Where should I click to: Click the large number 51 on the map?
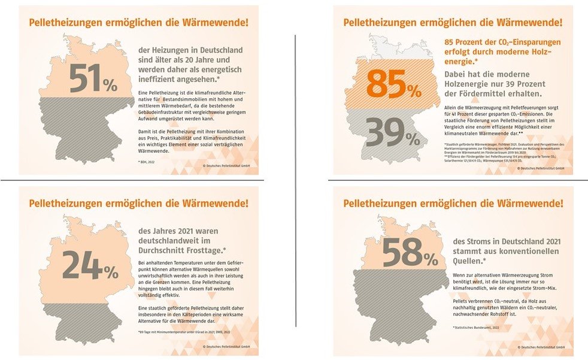84,78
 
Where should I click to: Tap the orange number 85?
384,84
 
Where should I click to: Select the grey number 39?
384,132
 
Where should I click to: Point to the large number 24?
81,265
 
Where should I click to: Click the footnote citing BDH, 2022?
147,162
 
